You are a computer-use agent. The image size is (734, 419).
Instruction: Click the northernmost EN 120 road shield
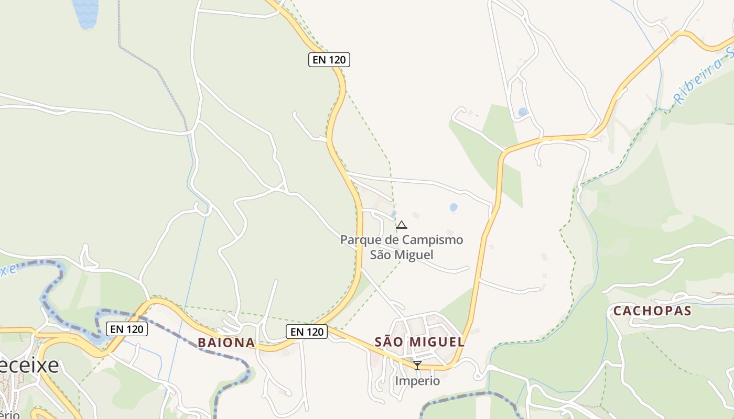pyautogui.click(x=329, y=60)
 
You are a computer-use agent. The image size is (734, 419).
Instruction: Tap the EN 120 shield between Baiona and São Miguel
pyautogui.click(x=307, y=331)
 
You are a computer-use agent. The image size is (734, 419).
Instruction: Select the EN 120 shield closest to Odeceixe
pyautogui.click(x=127, y=329)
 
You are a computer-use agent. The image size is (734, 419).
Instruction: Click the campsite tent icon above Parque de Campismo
pyautogui.click(x=402, y=225)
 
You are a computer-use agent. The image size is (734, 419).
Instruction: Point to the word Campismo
pyautogui.click(x=433, y=240)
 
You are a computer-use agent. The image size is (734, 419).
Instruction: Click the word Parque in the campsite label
pyautogui.click(x=359, y=240)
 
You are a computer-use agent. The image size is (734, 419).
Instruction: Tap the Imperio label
pyautogui.click(x=417, y=381)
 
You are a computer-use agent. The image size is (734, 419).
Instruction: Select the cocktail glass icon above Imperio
pyautogui.click(x=417, y=365)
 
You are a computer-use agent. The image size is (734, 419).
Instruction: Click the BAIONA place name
pyautogui.click(x=226, y=343)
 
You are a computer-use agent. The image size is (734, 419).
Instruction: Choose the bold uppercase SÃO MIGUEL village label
pyautogui.click(x=419, y=342)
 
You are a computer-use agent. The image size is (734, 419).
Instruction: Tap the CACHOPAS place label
pyautogui.click(x=652, y=311)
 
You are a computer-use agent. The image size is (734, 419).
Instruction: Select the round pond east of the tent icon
pyautogui.click(x=454, y=207)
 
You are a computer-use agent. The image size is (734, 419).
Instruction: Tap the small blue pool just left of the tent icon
pyautogui.click(x=394, y=214)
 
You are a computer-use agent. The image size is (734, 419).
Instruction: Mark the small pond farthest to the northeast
pyautogui.click(x=523, y=112)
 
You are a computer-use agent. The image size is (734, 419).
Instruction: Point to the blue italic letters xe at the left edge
pyautogui.click(x=8, y=271)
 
